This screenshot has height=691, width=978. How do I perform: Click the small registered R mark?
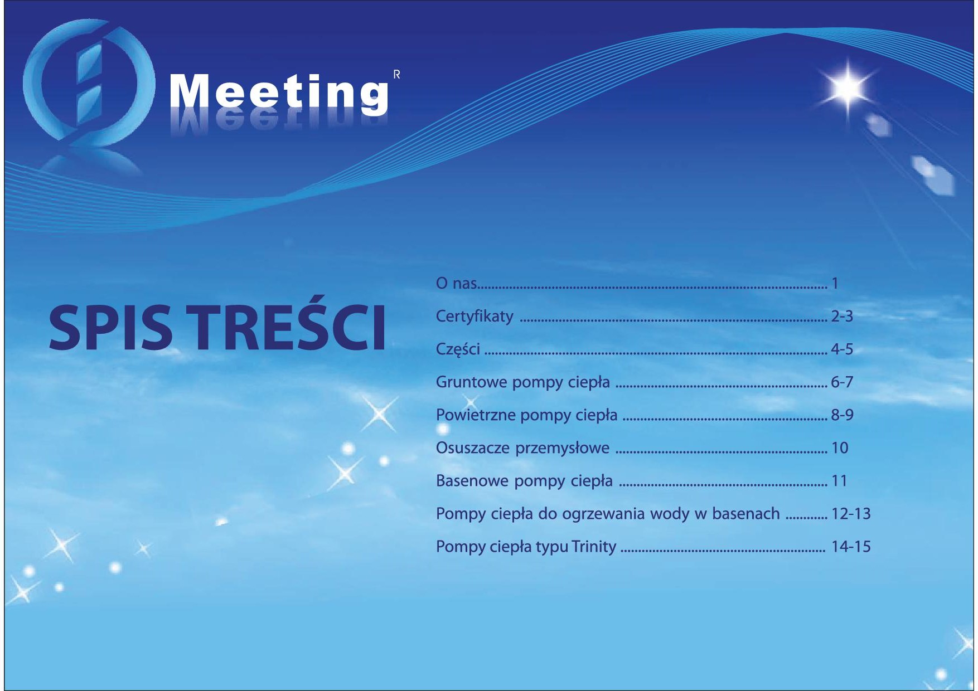(x=396, y=74)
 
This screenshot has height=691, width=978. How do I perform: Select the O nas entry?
(x=456, y=283)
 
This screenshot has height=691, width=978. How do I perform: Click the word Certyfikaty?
(x=475, y=317)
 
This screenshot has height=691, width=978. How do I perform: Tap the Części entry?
(x=458, y=350)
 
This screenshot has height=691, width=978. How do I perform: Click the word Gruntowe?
(x=471, y=382)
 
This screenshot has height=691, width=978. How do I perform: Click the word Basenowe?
(x=472, y=481)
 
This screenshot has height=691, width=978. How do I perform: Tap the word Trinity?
(x=594, y=547)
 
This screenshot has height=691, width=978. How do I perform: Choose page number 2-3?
(x=842, y=317)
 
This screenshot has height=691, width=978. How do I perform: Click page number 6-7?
(x=842, y=382)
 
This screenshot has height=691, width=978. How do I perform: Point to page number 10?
(x=840, y=448)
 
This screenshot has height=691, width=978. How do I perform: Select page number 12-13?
(x=851, y=514)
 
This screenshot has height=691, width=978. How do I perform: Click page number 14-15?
(x=851, y=547)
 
